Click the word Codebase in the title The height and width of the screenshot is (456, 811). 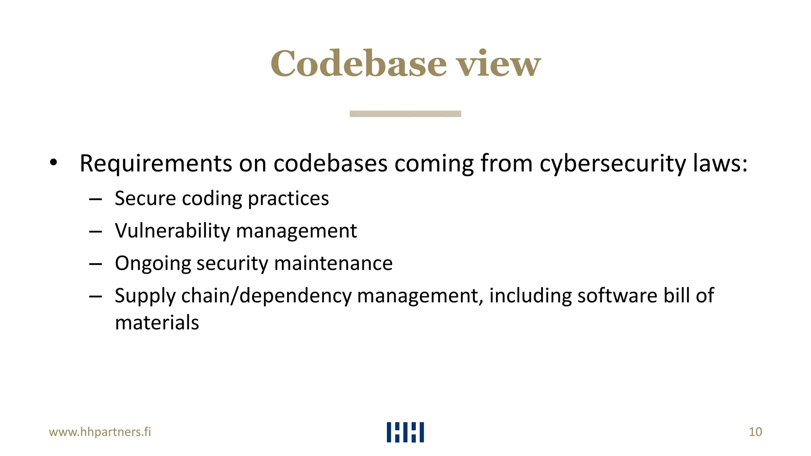tap(358, 64)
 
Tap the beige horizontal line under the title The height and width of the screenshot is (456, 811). tap(405, 114)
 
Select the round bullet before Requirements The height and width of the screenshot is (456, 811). tap(53, 162)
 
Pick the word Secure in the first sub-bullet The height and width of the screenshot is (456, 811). tap(145, 198)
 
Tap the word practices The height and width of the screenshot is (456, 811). tap(288, 199)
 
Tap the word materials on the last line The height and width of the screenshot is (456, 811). tap(157, 323)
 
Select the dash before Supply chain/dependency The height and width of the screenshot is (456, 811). tap(95, 296)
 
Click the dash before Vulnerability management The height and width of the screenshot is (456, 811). tap(95, 232)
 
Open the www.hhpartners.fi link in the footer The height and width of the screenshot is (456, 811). tap(100, 432)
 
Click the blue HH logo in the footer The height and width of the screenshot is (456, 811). tap(405, 432)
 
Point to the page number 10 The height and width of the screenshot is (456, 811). tap(755, 432)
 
